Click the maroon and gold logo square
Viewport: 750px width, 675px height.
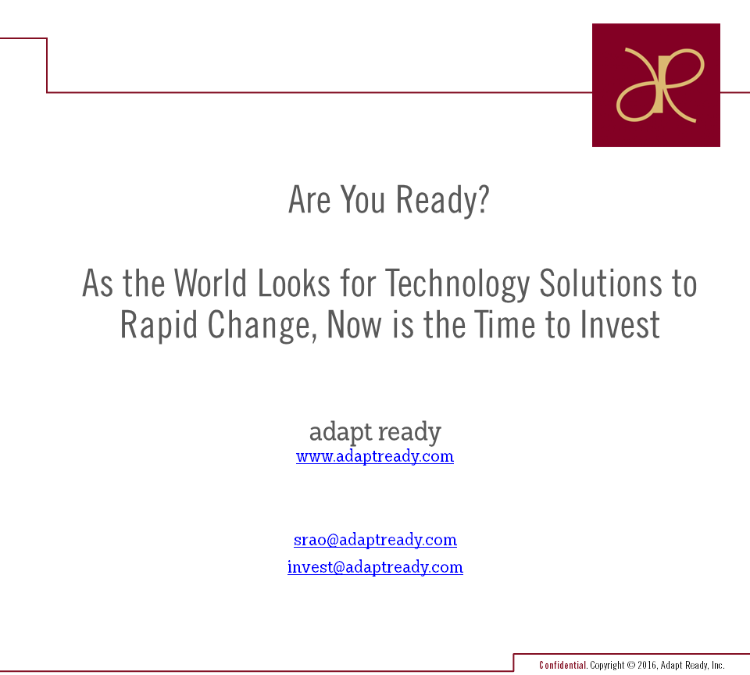(655, 84)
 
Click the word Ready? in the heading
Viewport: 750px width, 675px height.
(443, 201)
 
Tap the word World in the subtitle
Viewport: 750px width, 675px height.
(210, 284)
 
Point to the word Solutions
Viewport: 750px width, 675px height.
(601, 284)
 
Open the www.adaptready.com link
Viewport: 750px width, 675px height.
(375, 456)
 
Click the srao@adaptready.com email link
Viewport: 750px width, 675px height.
(375, 540)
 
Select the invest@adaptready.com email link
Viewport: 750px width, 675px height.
(375, 567)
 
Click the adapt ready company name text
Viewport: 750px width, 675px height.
(375, 432)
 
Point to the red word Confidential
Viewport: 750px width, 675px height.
(562, 665)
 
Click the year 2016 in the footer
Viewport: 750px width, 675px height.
(647, 665)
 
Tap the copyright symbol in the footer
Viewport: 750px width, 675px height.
(631, 665)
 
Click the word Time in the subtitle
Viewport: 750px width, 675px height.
(505, 325)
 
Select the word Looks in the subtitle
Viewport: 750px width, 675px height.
(294, 284)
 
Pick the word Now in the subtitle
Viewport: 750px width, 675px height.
(354, 325)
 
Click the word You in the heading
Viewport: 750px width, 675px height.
(362, 199)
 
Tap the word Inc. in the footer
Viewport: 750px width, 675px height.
(718, 665)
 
